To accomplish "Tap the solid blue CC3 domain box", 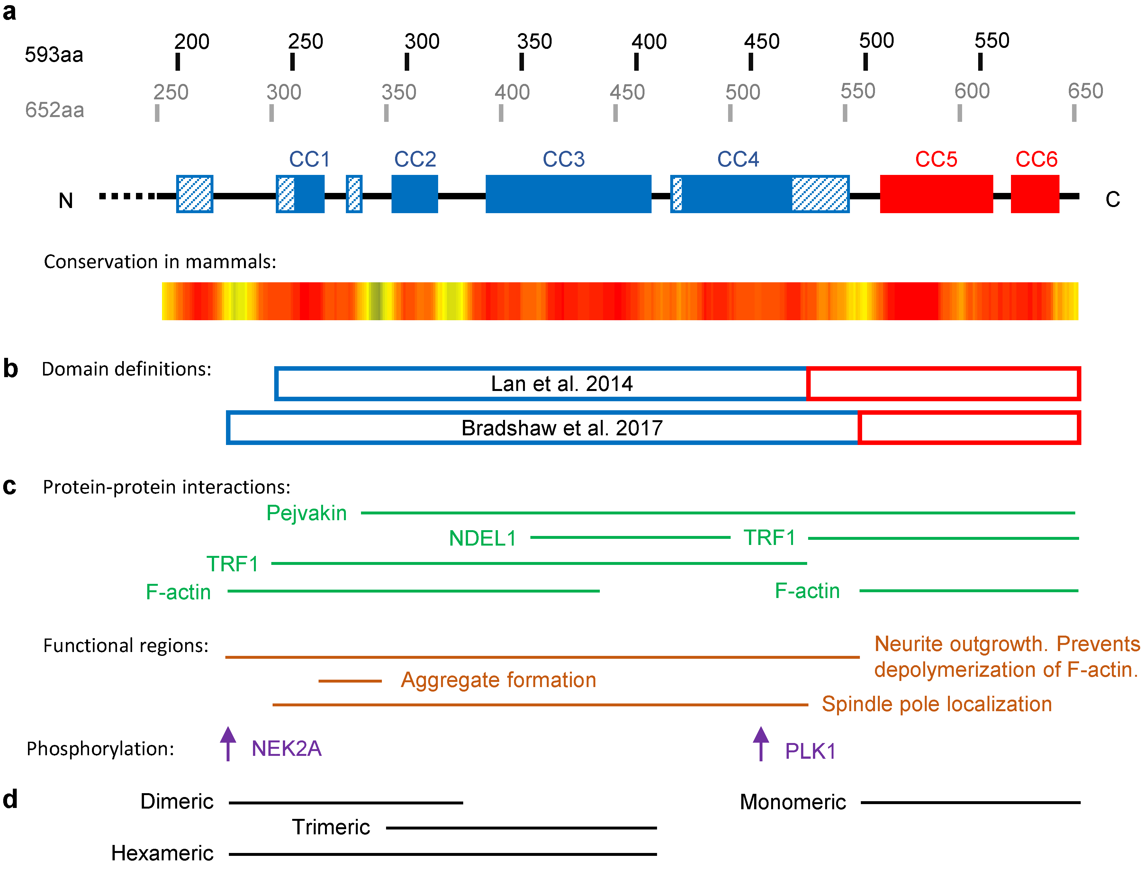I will pos(568,194).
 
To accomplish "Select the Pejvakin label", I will pos(306,513).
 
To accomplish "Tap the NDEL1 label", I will pos(482,538).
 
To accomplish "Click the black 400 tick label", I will pos(649,42).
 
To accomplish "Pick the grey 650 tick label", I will pos(1086,91).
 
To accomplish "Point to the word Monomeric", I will pos(792,802).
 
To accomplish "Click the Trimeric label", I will pos(331,827).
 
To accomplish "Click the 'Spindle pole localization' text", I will pos(936,704).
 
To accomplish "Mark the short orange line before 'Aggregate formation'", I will pos(350,681).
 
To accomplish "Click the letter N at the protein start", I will pos(66,200).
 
